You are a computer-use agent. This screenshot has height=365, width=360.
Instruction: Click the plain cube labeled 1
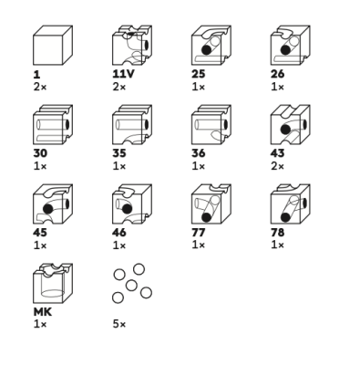53,46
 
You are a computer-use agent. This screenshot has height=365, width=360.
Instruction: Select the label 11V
123,74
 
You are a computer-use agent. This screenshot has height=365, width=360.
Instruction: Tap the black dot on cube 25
206,50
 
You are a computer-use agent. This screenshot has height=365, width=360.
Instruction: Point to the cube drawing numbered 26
290,46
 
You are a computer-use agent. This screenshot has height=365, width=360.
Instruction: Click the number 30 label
40,153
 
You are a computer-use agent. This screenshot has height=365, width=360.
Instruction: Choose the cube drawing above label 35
132,125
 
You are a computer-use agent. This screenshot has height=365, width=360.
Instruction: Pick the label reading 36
199,153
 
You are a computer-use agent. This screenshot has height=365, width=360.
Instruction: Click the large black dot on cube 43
285,130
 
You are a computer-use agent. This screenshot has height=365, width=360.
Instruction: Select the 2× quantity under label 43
277,166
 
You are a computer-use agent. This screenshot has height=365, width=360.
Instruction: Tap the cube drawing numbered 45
53,204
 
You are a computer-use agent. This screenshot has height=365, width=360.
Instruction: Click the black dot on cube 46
127,209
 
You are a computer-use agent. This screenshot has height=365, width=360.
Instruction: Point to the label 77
199,233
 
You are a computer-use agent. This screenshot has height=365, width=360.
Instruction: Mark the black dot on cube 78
285,217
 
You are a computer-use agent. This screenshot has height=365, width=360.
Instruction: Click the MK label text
42,312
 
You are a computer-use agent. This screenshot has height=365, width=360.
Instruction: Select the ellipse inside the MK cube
53,294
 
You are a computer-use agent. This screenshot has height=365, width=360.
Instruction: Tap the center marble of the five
131,286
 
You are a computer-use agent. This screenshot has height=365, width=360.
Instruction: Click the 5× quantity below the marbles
119,324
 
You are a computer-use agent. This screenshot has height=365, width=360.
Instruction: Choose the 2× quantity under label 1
40,87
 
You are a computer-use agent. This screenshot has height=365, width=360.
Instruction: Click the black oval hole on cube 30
67,125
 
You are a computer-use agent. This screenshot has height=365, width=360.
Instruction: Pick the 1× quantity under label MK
40,324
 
